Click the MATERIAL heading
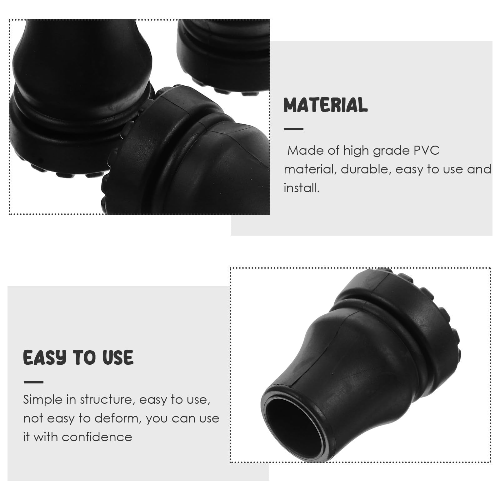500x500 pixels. point(326,105)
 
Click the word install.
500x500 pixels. point(302,188)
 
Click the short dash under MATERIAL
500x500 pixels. point(293,129)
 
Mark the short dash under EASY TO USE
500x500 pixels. point(33,382)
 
